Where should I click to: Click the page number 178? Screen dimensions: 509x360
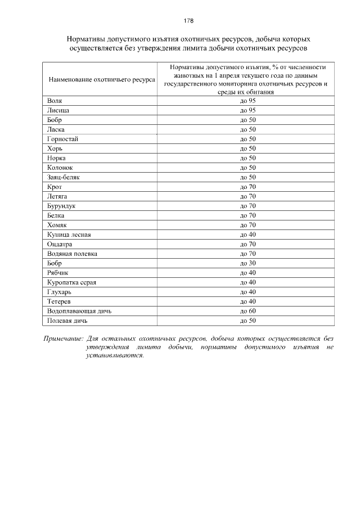pyautogui.click(x=188, y=21)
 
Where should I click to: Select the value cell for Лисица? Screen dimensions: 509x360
pyautogui.click(x=247, y=110)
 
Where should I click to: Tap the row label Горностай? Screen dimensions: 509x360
pyautogui.click(x=63, y=139)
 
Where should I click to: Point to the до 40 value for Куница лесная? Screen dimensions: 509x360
pyautogui.click(x=247, y=235)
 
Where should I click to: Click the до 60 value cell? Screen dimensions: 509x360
pyautogui.click(x=247, y=311)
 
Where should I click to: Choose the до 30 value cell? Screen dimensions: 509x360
pyautogui.click(x=247, y=263)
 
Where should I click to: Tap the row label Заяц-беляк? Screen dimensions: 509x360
pyautogui.click(x=64, y=177)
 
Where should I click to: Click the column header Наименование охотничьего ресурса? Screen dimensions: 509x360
pyautogui.click(x=102, y=80)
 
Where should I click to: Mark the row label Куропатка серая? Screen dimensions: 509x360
pyautogui.click(x=72, y=282)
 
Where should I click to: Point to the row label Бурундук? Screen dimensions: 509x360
pyautogui.click(x=61, y=206)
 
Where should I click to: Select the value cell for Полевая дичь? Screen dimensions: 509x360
pyautogui.click(x=247, y=321)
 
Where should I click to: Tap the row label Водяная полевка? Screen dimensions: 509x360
pyautogui.click(x=73, y=254)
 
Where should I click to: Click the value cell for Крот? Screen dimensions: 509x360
pyautogui.click(x=247, y=187)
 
